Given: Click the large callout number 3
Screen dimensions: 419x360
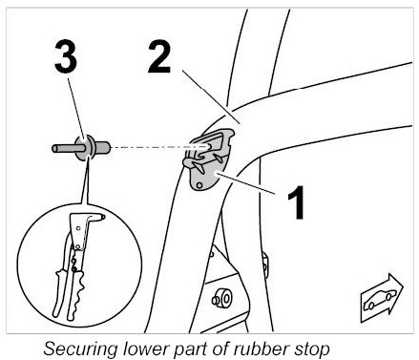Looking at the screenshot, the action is pyautogui.click(x=66, y=57).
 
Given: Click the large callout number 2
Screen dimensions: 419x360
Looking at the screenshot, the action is pyautogui.click(x=159, y=57).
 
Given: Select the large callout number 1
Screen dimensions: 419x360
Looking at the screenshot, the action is pyautogui.click(x=297, y=202).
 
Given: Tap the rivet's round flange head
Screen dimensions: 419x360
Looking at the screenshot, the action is pyautogui.click(x=84, y=148).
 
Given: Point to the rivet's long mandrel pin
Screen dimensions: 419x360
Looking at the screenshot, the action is pyautogui.click(x=65, y=148).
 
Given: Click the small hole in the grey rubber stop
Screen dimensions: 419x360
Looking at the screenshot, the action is pyautogui.click(x=199, y=185).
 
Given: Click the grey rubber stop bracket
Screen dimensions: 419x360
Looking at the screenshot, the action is pyautogui.click(x=208, y=159).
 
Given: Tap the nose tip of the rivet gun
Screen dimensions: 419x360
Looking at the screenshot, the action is pyautogui.click(x=103, y=217).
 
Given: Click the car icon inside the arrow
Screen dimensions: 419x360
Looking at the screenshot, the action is pyautogui.click(x=380, y=300).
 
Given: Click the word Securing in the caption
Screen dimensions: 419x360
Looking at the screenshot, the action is pyautogui.click(x=81, y=349).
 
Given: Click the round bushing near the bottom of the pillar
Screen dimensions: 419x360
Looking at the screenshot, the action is pyautogui.click(x=221, y=298).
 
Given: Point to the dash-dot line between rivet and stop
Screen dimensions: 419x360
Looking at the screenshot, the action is pyautogui.click(x=160, y=147).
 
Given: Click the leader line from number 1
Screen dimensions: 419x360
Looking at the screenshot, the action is pyautogui.click(x=245, y=182).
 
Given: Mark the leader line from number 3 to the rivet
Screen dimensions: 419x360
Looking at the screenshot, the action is pyautogui.click(x=76, y=108).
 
